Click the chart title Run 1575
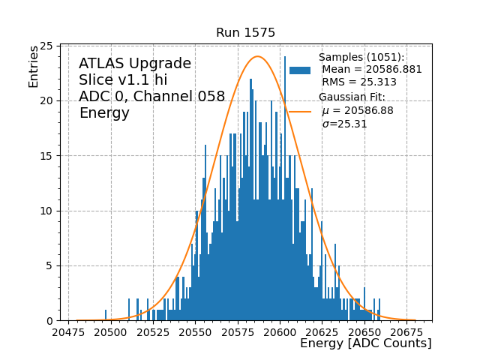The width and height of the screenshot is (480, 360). click(245, 33)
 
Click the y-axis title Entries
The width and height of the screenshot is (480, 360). click(34, 66)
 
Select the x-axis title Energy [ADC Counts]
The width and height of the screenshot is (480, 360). click(365, 343)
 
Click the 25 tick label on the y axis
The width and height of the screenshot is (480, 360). click(46, 46)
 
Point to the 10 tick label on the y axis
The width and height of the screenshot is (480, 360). click(46, 211)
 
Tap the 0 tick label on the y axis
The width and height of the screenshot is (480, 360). click(49, 320)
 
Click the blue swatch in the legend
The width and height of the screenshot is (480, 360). click(300, 70)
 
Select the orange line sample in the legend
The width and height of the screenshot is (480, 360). click(300, 111)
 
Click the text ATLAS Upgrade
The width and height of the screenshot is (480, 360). click(135, 64)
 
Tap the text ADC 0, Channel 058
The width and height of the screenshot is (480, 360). click(151, 97)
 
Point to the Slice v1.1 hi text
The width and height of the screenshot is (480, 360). click(123, 80)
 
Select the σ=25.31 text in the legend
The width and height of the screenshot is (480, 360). click(344, 124)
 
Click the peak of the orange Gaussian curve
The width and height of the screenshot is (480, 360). click(257, 56)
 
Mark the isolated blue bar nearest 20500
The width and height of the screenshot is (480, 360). click(106, 315)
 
